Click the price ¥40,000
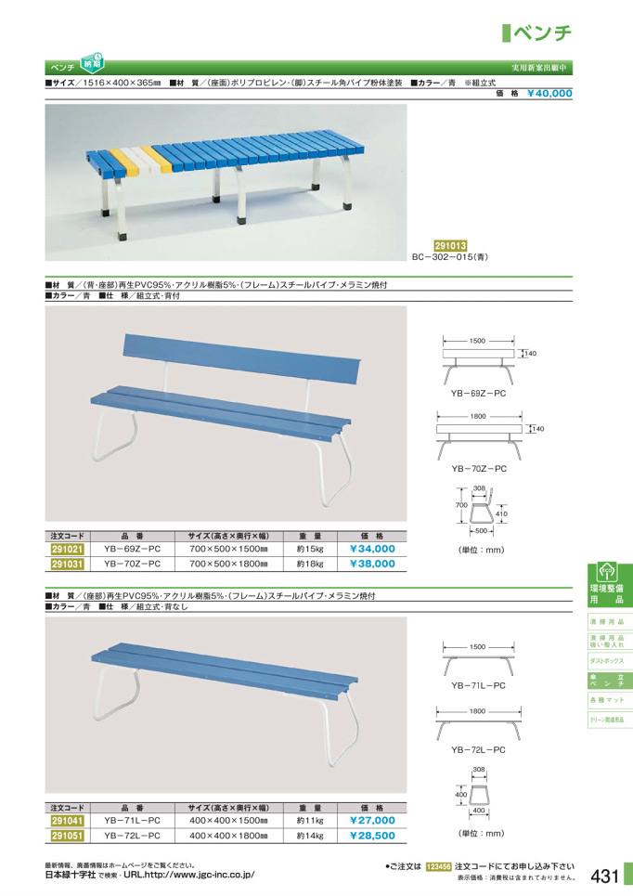[x=549, y=93]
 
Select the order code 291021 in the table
[x=67, y=549]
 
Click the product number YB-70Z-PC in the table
[x=132, y=563]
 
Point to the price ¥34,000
[x=372, y=549]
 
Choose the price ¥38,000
[x=372, y=563]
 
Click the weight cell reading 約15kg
[x=309, y=549]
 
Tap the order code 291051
[x=67, y=835]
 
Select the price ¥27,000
[x=372, y=821]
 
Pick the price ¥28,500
[x=372, y=835]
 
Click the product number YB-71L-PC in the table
[x=132, y=821]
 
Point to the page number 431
[x=604, y=877]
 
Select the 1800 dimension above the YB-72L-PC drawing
[x=478, y=710]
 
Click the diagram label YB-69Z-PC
[x=478, y=394]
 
